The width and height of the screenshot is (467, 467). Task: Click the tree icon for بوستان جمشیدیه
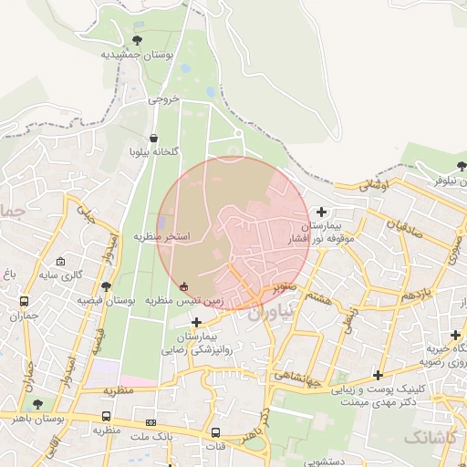[x=137, y=40]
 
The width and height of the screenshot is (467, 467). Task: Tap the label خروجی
[x=163, y=99]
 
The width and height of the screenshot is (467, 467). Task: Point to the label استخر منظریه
[x=162, y=236]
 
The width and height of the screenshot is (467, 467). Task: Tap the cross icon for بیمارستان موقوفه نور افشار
[x=321, y=212]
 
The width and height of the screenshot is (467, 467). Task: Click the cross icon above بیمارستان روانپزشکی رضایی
[x=197, y=321]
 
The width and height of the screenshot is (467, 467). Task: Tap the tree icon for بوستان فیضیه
[x=107, y=285]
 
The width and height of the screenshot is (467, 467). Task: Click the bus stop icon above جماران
[x=24, y=301]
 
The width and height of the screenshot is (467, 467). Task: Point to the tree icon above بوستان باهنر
[x=37, y=403]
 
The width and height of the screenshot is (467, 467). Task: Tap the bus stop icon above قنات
[x=216, y=432]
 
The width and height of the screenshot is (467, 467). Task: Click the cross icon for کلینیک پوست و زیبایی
[x=378, y=375]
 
